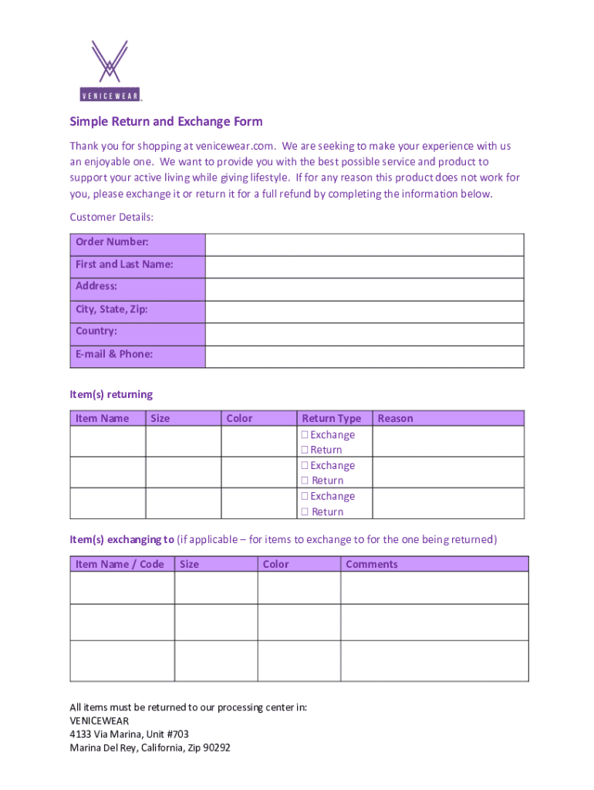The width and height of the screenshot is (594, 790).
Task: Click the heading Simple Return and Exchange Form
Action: (166, 122)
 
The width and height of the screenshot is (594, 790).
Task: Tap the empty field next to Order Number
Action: (364, 245)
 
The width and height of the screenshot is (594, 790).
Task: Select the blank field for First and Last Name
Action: (364, 267)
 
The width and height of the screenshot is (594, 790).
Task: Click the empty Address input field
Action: (364, 289)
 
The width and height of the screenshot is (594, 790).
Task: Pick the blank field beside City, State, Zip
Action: (364, 312)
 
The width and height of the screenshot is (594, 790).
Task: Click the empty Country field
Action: (364, 334)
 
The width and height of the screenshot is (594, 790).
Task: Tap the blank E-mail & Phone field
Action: (364, 356)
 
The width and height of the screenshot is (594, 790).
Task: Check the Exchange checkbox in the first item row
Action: (305, 435)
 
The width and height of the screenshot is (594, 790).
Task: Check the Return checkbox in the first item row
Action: (305, 450)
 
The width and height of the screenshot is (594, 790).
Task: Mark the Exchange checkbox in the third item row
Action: (305, 497)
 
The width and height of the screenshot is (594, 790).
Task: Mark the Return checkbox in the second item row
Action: (305, 481)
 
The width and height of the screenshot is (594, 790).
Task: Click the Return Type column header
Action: (331, 418)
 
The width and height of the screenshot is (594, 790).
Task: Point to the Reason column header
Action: (395, 418)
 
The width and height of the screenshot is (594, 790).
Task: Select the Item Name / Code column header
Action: (120, 564)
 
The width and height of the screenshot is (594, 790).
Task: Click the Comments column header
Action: (372, 564)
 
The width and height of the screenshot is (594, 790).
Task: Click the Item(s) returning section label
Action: (111, 394)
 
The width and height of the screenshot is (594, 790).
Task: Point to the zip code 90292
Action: (215, 748)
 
